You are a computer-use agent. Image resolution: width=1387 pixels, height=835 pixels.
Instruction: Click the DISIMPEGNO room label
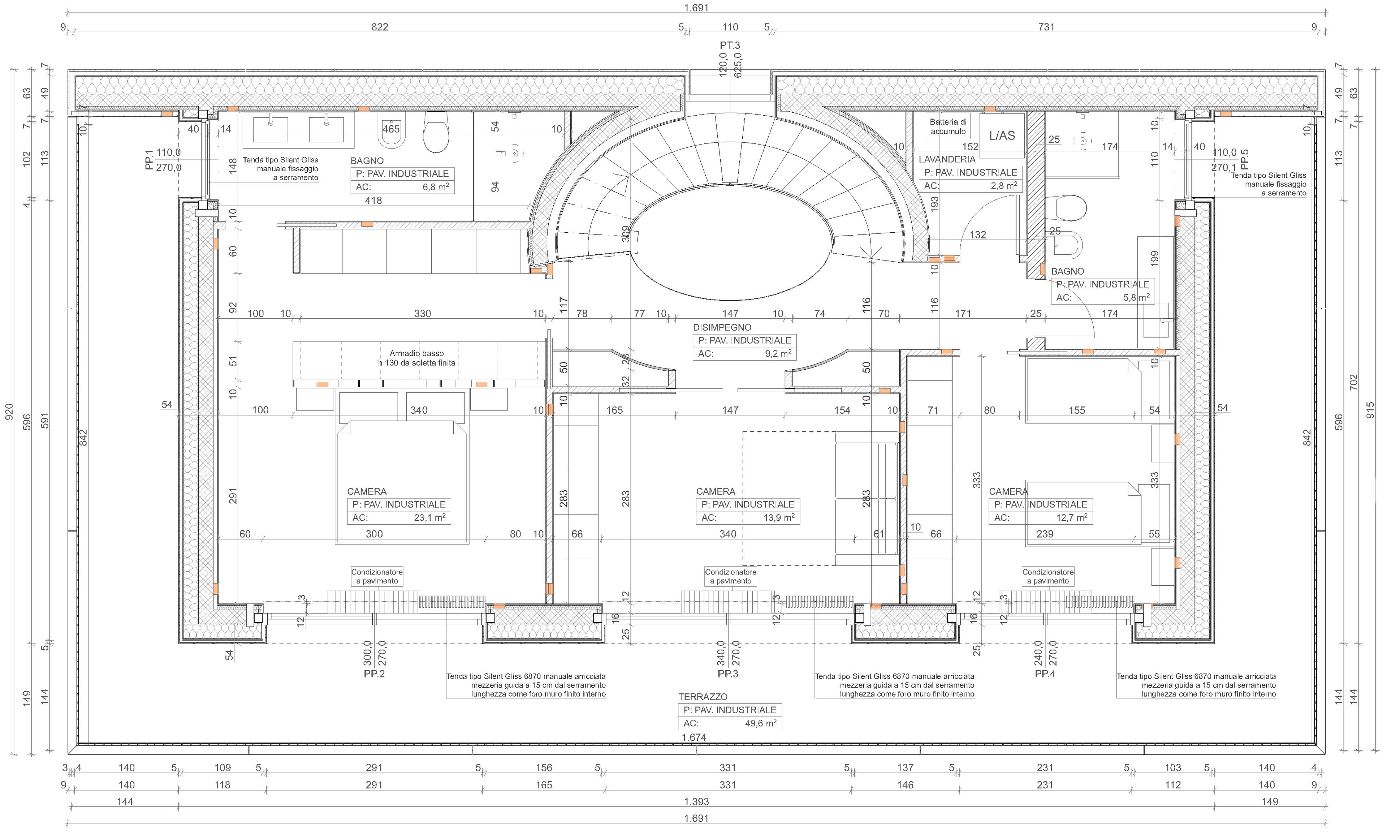pos(722,327)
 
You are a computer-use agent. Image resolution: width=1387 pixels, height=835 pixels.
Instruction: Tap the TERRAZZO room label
pos(703,697)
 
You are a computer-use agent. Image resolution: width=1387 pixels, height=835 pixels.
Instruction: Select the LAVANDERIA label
pos(947,159)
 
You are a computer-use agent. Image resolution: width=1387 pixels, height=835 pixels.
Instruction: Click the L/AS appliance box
pos(1002,135)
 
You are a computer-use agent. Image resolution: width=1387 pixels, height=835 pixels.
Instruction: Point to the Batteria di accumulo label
pos(948,126)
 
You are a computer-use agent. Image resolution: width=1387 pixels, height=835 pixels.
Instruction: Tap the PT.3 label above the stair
pos(730,45)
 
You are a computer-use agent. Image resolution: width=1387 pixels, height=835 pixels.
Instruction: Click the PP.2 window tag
pos(374,673)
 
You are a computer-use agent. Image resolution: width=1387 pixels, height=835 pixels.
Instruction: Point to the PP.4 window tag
pos(1045,673)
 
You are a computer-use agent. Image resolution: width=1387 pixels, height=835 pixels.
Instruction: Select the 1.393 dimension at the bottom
pos(696,801)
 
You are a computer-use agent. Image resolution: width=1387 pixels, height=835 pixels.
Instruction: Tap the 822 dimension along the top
pos(380,26)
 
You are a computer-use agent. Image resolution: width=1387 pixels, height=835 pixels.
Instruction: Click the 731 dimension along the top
pos(1046,26)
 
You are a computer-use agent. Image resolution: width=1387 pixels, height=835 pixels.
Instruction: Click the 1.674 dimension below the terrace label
pos(693,737)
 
